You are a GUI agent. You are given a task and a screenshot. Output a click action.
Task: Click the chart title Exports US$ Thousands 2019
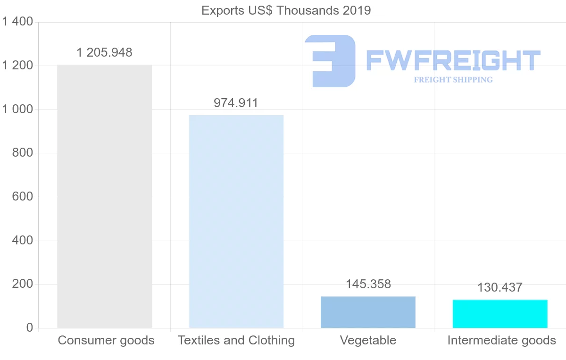click(x=286, y=10)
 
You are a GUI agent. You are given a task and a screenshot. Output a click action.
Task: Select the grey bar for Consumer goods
click(x=104, y=196)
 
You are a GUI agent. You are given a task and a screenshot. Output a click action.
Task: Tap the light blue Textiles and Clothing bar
click(x=236, y=221)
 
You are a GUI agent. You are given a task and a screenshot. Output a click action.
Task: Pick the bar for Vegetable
click(x=368, y=312)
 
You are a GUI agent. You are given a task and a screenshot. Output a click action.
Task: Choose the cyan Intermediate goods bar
click(x=500, y=314)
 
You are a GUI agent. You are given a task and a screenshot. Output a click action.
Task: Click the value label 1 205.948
click(x=104, y=52)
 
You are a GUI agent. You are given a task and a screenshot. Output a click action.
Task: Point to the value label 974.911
click(x=236, y=103)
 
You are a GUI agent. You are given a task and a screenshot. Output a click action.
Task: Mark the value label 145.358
click(x=368, y=284)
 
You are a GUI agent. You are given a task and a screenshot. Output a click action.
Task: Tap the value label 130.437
click(x=500, y=287)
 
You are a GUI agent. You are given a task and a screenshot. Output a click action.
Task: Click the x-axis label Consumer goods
click(x=106, y=340)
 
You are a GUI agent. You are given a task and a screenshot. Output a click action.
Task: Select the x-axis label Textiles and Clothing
click(x=236, y=340)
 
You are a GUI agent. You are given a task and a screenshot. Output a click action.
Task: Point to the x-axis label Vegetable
click(x=368, y=340)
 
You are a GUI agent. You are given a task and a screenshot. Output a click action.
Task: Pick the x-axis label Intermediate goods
click(x=501, y=340)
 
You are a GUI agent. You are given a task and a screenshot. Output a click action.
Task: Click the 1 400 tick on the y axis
click(x=17, y=22)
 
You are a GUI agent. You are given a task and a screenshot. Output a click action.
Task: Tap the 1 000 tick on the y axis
click(x=17, y=109)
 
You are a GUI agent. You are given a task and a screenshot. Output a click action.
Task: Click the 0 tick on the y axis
click(x=29, y=328)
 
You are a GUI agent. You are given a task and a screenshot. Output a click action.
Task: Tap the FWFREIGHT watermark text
click(x=453, y=60)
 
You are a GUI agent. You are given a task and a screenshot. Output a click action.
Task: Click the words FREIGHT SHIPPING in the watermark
click(x=453, y=80)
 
